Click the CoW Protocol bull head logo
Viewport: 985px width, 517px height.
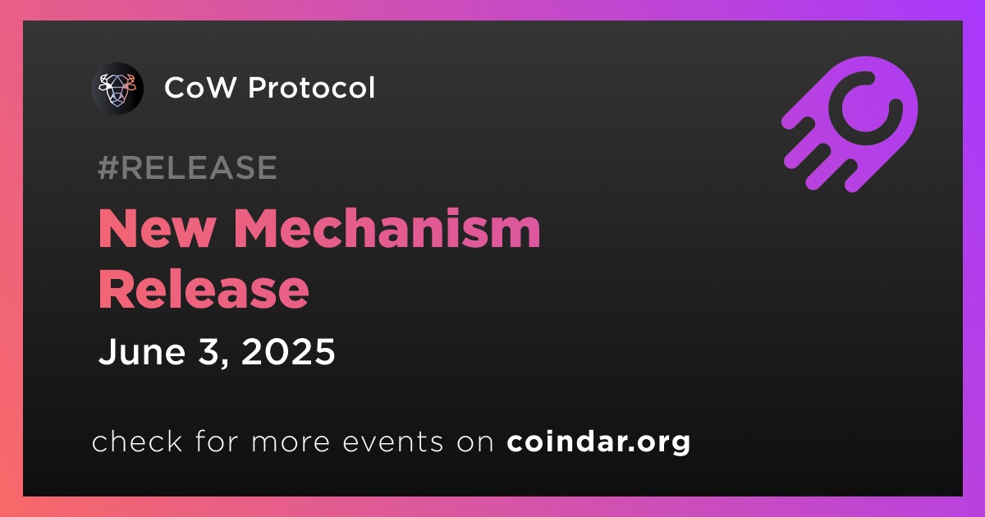point(117,89)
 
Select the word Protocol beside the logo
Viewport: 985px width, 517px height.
point(311,87)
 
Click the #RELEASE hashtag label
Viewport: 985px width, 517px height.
point(187,167)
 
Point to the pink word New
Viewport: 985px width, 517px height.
point(158,229)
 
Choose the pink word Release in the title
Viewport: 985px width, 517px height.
point(204,289)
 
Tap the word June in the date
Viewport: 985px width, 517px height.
point(141,352)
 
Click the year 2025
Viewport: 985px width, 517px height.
point(288,352)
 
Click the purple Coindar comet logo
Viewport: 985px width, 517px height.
point(850,124)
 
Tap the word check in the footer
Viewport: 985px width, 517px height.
point(137,442)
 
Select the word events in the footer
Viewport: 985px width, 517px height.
point(392,442)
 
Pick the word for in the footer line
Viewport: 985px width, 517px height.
point(217,442)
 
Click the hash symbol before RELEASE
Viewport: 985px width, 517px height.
point(108,167)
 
